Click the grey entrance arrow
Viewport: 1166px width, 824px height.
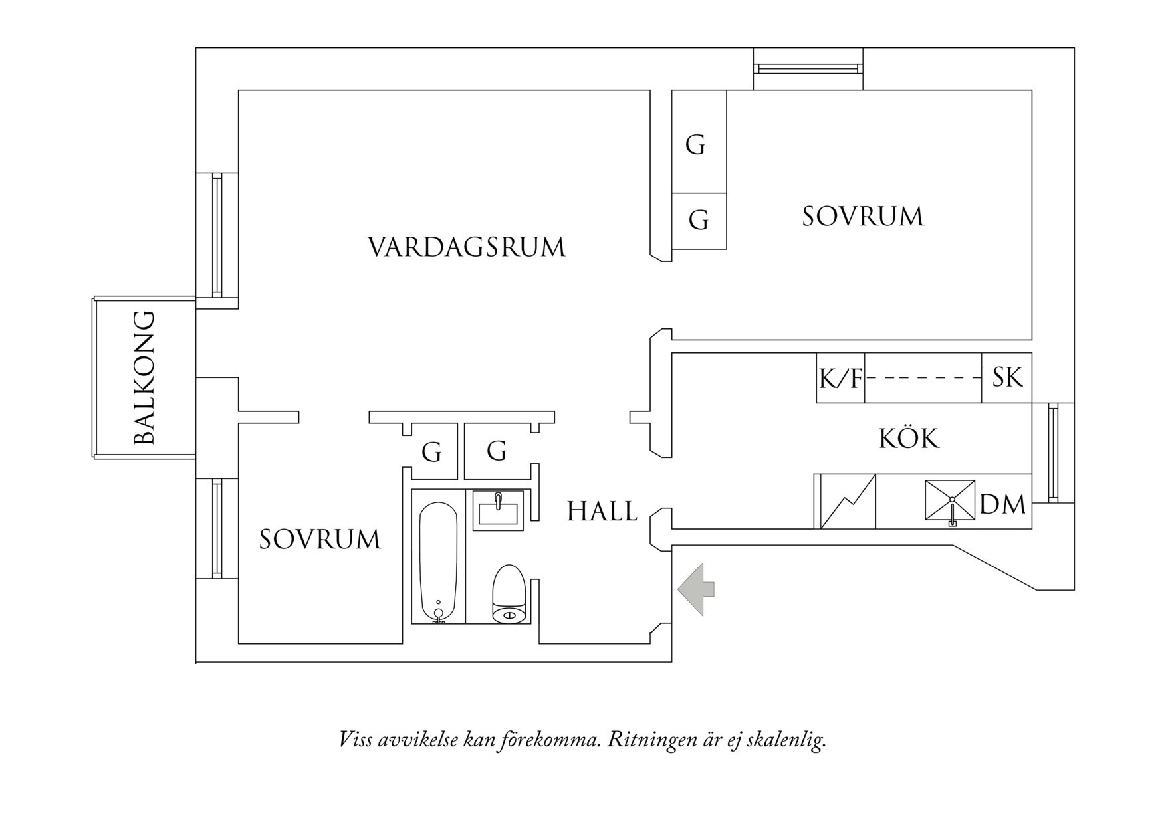click(695, 589)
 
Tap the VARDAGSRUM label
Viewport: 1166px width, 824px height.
click(467, 247)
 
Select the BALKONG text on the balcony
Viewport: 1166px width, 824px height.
click(144, 377)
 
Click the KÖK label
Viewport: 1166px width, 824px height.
click(909, 439)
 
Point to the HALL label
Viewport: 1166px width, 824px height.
click(602, 512)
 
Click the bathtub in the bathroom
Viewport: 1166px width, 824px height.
click(438, 562)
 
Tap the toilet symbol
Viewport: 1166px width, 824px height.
click(509, 595)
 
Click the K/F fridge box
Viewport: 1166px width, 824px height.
click(840, 378)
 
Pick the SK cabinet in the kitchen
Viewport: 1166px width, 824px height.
click(1006, 377)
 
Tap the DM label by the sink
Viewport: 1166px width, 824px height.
click(1002, 505)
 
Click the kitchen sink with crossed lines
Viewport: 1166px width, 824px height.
click(951, 500)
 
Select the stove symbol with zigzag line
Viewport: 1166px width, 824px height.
click(846, 502)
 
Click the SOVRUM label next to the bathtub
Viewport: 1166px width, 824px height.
click(320, 539)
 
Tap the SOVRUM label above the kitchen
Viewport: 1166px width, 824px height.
click(862, 217)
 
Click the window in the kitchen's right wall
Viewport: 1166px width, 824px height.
click(1053, 453)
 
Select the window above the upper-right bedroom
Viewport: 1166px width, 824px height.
click(808, 68)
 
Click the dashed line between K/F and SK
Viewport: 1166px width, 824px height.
click(923, 377)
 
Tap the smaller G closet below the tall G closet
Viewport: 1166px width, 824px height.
click(699, 221)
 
